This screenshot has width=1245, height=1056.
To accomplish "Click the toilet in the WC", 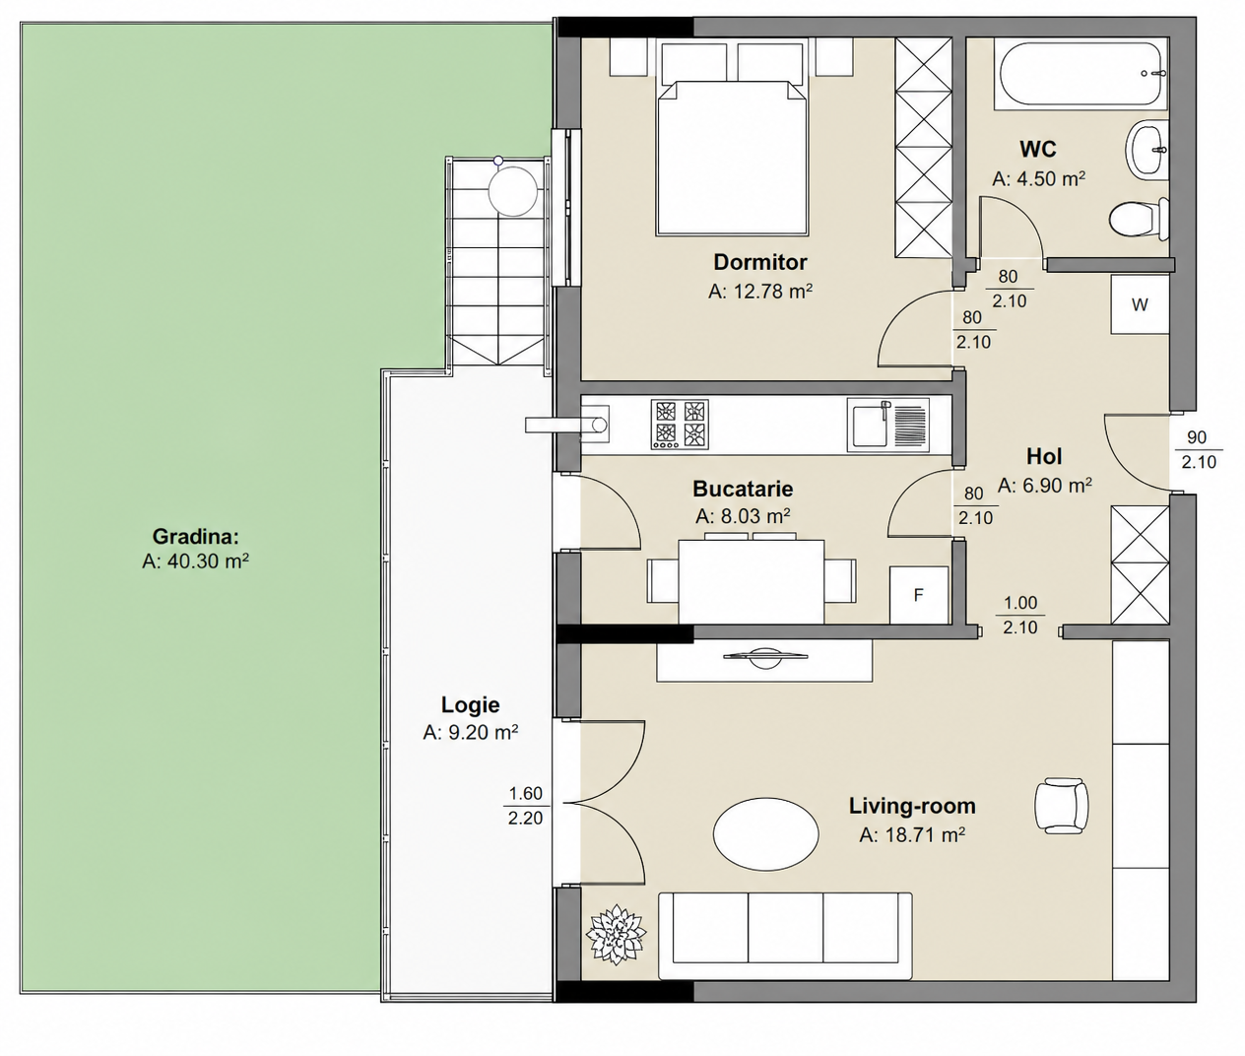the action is click(1138, 221).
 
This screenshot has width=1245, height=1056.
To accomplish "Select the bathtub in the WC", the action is click(1081, 74).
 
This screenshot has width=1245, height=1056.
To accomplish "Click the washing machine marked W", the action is click(1141, 304).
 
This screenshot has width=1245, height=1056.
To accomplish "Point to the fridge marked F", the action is click(919, 595).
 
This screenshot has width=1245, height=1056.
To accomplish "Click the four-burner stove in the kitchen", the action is click(680, 425).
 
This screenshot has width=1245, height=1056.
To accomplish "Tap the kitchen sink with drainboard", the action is click(888, 425).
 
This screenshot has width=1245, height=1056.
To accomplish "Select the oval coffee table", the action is click(765, 833).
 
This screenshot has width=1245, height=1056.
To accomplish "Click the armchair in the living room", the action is click(1061, 804).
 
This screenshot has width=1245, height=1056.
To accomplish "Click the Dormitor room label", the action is click(760, 262).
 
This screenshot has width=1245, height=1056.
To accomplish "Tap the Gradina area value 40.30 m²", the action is click(196, 561).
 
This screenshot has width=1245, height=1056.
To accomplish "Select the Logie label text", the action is click(471, 704).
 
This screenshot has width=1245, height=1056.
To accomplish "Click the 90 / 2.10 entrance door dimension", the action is click(1198, 449).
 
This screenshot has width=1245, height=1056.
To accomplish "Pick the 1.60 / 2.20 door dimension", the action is click(526, 806).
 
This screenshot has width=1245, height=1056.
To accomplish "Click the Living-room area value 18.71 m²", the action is click(912, 835).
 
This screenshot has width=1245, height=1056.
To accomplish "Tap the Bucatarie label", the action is click(743, 489).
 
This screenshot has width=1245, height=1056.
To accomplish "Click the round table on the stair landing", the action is click(512, 191).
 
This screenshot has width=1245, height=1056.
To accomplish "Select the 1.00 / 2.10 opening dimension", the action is click(1020, 615).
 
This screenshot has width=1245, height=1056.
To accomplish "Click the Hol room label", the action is click(1044, 457).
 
